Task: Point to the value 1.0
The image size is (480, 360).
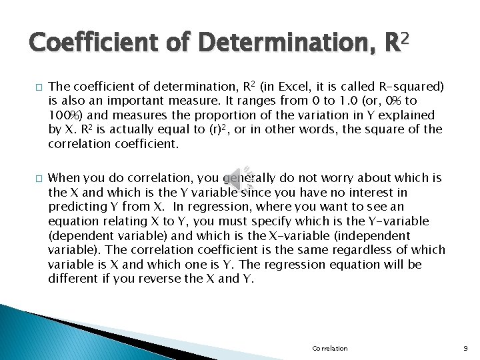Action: point(346,101)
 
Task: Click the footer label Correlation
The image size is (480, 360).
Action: point(329,349)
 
